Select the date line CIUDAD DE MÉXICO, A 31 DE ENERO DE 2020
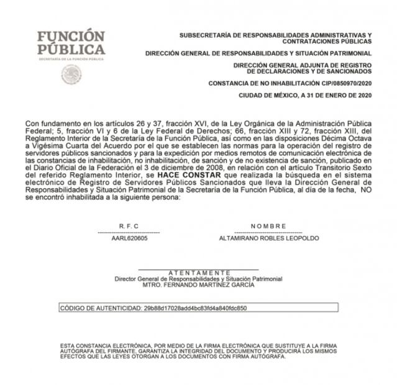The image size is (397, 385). click(x=305, y=95)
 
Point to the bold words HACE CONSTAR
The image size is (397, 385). click(x=180, y=176)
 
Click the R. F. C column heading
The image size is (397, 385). click(x=129, y=226)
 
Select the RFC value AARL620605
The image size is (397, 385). click(x=129, y=238)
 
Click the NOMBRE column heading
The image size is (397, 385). click(x=268, y=226)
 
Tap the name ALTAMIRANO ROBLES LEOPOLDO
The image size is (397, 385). click(x=269, y=238)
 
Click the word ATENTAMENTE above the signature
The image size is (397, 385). click(x=199, y=273)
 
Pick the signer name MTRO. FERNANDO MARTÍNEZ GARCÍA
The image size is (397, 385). click(x=198, y=285)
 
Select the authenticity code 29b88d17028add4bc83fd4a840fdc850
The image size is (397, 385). click(x=195, y=307)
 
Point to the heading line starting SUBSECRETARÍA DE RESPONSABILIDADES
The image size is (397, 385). click(x=275, y=35)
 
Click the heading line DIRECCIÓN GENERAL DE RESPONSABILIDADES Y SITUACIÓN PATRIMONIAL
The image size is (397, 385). click(x=258, y=53)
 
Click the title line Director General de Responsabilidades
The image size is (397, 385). click(x=198, y=279)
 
